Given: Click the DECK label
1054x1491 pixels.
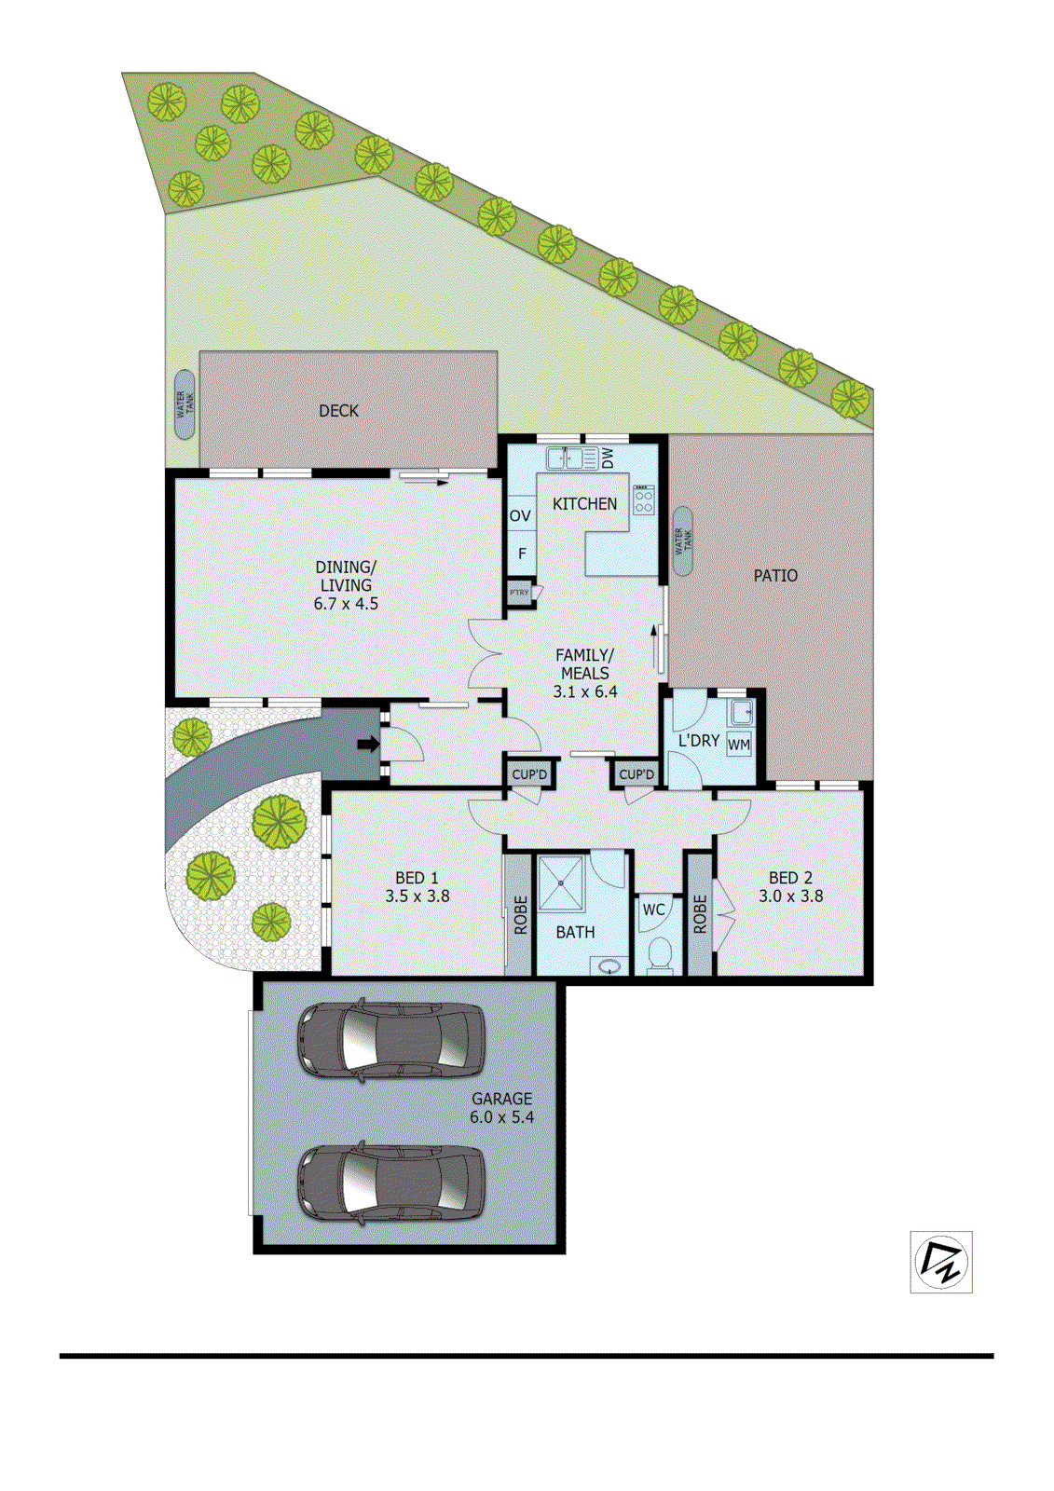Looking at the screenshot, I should (x=338, y=411).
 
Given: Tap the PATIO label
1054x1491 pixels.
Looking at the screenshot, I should (x=775, y=576).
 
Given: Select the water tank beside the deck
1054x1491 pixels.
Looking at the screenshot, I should (x=185, y=404).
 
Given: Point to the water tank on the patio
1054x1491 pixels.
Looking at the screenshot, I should (x=683, y=540).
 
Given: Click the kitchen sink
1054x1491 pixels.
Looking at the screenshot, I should (x=571, y=458).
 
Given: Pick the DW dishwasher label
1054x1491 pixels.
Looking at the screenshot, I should (x=608, y=458).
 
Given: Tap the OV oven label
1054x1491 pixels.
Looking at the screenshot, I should (x=520, y=516).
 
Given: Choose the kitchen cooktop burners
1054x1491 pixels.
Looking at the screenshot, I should (x=644, y=500).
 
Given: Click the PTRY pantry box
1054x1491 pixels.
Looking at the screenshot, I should (x=519, y=593).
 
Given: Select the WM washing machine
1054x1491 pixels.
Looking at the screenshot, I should (x=739, y=745).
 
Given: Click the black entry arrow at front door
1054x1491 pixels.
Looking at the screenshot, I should (x=369, y=744).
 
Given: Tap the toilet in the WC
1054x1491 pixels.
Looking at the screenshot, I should (x=660, y=954).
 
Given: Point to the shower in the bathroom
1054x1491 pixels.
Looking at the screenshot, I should (x=561, y=882).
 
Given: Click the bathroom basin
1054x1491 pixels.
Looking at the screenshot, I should (x=610, y=965).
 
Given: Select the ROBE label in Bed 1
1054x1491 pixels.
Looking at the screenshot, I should (x=520, y=915).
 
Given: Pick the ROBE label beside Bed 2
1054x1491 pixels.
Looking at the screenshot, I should (x=700, y=914).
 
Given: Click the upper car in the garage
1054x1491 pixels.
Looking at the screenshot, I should (x=390, y=1040).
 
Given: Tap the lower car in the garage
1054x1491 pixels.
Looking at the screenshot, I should (x=391, y=1183).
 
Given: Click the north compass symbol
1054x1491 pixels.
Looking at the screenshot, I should (x=941, y=1262).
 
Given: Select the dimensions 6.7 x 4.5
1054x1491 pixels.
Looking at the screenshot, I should (x=346, y=604).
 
